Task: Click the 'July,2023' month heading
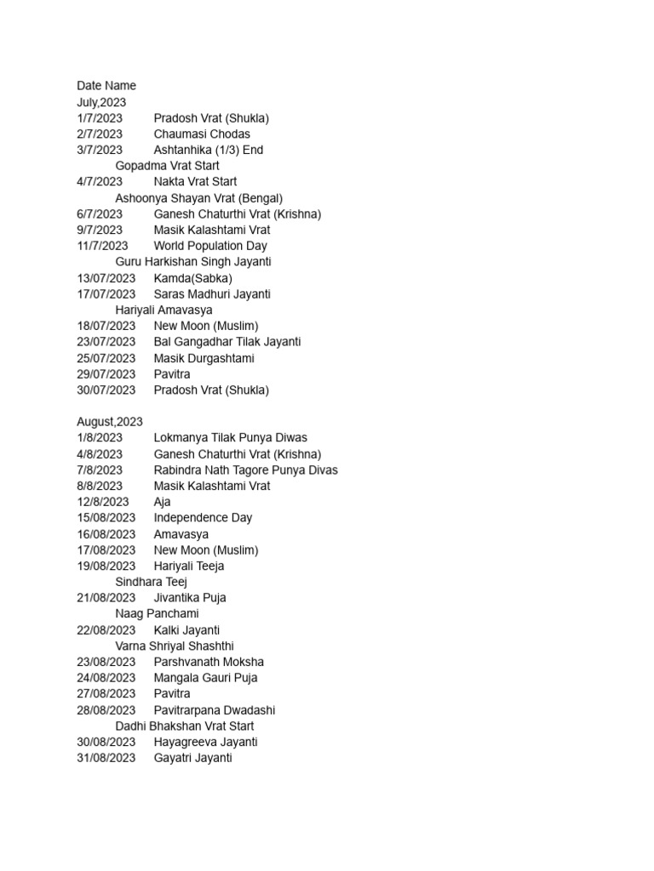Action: click(101, 102)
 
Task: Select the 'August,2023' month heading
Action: click(110, 422)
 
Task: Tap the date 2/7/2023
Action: click(100, 134)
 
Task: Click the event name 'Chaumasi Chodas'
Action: click(202, 134)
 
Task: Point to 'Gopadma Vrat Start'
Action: click(167, 166)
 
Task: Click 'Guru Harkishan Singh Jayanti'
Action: click(193, 262)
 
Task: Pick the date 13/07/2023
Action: click(106, 278)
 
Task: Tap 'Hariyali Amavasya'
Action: click(163, 310)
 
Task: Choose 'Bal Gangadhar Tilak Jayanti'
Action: click(227, 342)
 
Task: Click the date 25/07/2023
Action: click(106, 358)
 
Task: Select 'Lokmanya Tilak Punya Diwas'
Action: click(230, 438)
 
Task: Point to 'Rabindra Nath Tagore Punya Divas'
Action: click(245, 470)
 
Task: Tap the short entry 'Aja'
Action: click(162, 502)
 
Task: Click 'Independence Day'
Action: click(203, 517)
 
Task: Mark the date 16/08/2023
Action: click(106, 534)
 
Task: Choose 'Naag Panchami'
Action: click(157, 613)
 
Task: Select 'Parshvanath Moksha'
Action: click(209, 662)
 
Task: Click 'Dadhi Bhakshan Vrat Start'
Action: click(185, 726)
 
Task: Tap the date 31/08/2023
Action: click(106, 758)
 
